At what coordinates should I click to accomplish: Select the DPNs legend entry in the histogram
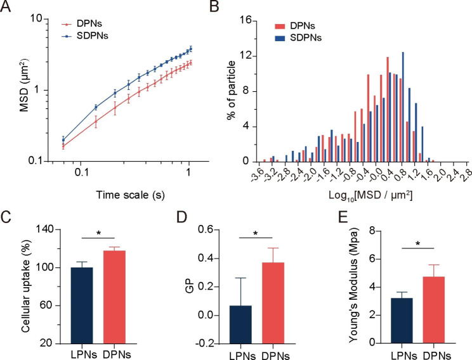303,27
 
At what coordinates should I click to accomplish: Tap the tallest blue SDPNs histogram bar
403,107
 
